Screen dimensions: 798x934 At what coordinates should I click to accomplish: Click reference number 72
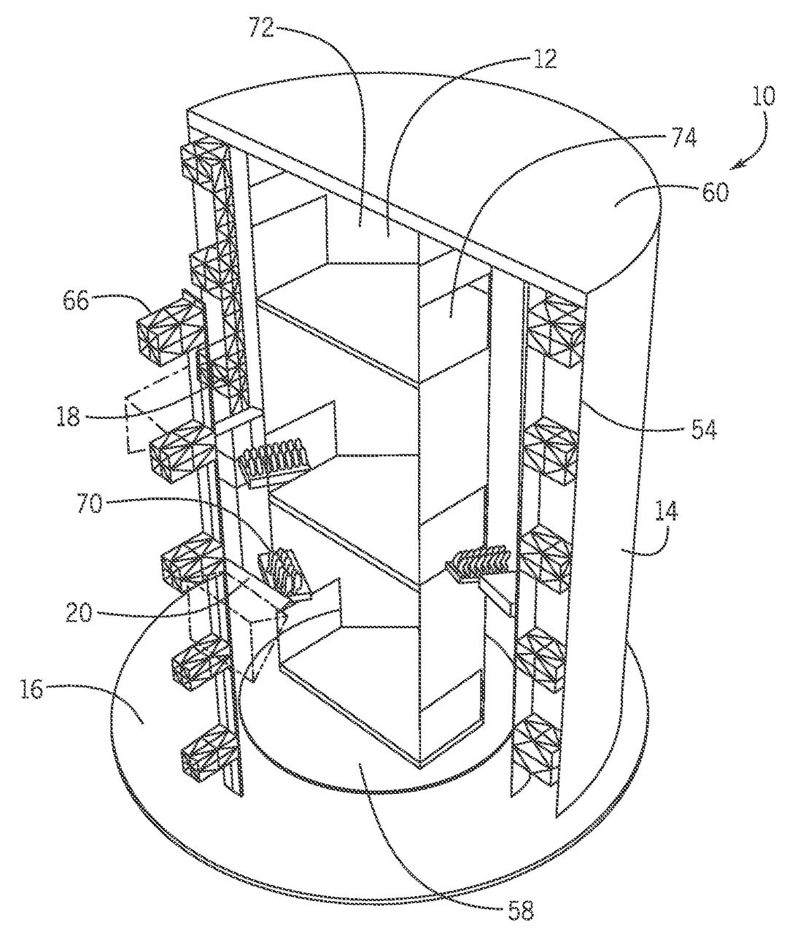click(262, 27)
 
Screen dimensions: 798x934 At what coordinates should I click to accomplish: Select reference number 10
click(763, 96)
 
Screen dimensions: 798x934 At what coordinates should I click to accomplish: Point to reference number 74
click(683, 137)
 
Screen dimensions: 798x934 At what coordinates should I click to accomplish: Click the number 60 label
click(715, 192)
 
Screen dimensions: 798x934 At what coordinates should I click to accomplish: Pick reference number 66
click(75, 300)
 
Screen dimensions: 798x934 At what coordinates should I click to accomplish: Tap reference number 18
click(68, 416)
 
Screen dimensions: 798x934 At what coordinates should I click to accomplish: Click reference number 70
click(90, 503)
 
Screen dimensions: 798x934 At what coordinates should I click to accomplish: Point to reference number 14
click(666, 512)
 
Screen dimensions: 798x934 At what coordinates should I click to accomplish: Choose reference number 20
click(79, 612)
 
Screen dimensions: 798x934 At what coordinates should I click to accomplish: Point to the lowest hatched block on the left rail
click(209, 753)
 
